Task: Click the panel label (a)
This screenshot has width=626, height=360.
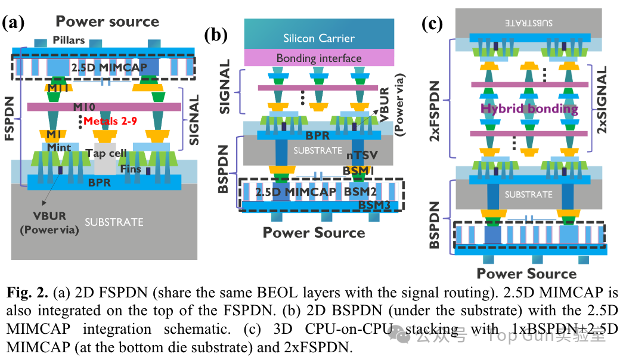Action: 14,23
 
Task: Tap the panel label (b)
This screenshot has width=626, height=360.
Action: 215,35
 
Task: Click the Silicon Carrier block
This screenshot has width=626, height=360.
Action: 319,38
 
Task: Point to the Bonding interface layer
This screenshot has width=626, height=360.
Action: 319,58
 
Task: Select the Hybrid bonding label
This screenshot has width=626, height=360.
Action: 529,108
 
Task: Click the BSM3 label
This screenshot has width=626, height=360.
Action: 374,205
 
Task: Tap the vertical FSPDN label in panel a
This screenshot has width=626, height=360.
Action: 9,119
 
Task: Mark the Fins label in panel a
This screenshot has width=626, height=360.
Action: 131,169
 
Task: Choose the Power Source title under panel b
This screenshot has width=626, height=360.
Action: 314,232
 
